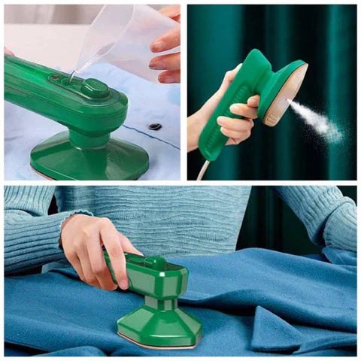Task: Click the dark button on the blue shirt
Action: pyautogui.click(x=155, y=126)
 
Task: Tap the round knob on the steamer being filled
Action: pyautogui.click(x=95, y=87)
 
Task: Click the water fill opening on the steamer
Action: pyautogui.click(x=70, y=78)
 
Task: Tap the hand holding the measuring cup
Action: pyautogui.click(x=166, y=45)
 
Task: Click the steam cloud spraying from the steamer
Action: pyautogui.click(x=320, y=120)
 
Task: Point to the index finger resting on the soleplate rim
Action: pyautogui.click(x=248, y=110)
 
